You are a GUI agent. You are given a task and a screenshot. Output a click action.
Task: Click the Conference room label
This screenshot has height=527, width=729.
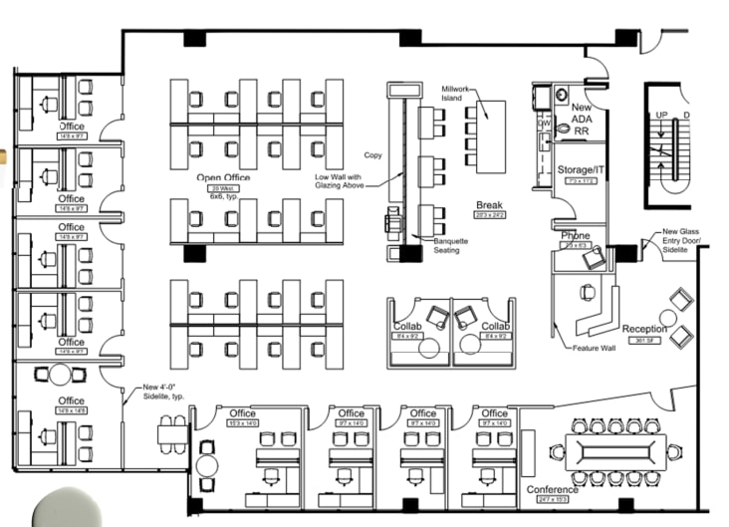coord(553,490)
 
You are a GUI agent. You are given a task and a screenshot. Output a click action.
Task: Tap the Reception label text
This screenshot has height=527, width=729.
coord(644,329)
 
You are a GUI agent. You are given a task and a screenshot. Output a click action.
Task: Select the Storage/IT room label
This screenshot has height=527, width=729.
coord(581,170)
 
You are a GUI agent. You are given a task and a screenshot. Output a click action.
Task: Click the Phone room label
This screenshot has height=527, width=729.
coord(575,236)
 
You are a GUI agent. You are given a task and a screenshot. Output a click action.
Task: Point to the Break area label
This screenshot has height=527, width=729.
coord(489,205)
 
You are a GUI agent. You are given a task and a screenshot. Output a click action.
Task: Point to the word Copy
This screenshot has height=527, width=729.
coord(373,155)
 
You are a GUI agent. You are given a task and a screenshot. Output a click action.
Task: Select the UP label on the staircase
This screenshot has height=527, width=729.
coord(661,116)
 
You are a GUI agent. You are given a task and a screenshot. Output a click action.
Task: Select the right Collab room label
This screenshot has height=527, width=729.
coord(496,327)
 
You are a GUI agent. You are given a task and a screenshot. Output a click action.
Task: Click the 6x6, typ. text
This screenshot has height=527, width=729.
coord(220,197)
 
